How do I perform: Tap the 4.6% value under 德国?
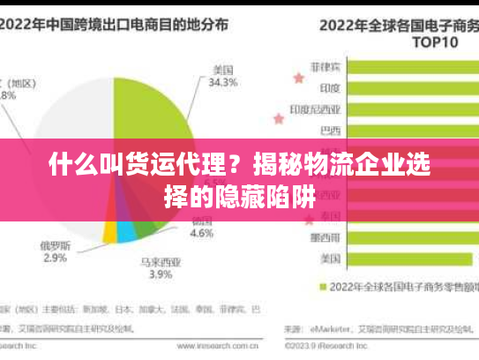pyautogui.click(x=202, y=234)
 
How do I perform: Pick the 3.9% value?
pyautogui.click(x=161, y=274)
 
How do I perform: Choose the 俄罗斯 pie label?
pyautogui.click(x=55, y=244)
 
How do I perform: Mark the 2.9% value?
pyautogui.click(x=55, y=258)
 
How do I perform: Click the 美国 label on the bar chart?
pyautogui.click(x=330, y=259)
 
